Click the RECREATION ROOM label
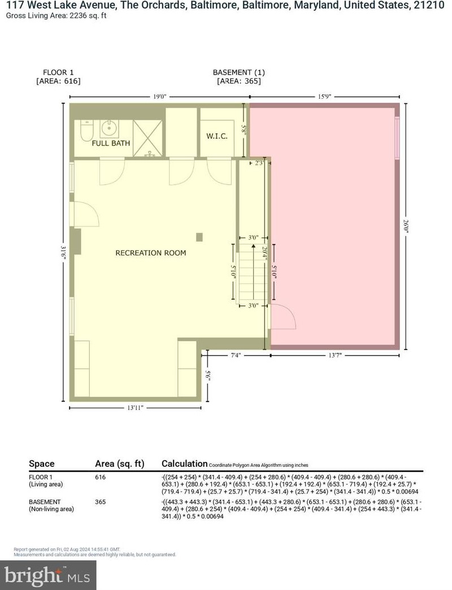click(150, 253)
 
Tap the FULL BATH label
click(111, 143)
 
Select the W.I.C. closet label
click(216, 136)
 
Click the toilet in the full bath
click(86, 132)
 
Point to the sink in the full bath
click(108, 129)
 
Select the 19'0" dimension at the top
click(160, 97)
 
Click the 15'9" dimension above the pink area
click(324, 97)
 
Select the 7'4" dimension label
click(237, 355)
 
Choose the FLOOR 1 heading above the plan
click(58, 72)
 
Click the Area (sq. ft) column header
click(120, 464)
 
